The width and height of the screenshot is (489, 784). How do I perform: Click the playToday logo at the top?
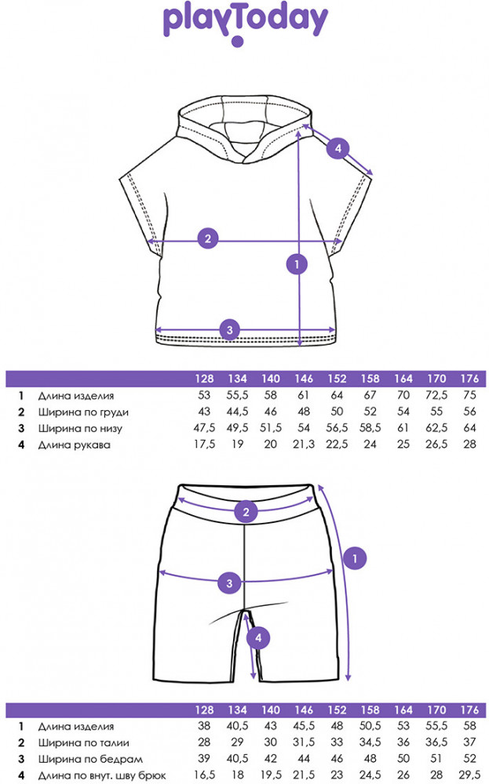tap(245, 24)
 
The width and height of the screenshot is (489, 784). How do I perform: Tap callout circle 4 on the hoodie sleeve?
tap(338, 148)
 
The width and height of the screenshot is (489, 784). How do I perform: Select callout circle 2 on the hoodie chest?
tap(208, 238)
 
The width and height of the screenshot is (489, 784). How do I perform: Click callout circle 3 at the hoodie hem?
tap(230, 330)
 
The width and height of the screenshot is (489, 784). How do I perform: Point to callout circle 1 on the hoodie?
tap(297, 264)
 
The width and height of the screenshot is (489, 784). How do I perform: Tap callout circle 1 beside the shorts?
tap(355, 558)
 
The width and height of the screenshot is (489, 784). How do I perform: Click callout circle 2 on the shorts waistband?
tap(246, 512)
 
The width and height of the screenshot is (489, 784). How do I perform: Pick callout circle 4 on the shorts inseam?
tap(258, 638)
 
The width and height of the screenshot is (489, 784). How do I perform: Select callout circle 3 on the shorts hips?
tap(229, 583)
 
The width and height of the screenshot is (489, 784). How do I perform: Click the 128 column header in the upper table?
tap(204, 379)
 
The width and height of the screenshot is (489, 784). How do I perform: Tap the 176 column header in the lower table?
tap(469, 710)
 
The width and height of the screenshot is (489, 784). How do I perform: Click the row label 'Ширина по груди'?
tap(83, 412)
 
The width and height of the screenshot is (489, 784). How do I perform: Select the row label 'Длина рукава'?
tap(74, 445)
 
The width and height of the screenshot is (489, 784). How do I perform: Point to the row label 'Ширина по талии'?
tap(83, 743)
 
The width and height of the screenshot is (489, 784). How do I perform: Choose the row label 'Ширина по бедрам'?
tap(90, 760)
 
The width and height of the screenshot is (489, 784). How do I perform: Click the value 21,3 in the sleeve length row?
tap(303, 444)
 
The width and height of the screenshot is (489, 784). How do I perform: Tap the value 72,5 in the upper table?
tap(436, 395)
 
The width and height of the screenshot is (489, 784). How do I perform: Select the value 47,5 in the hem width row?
tap(204, 428)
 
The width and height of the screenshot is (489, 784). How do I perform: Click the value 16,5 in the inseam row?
tap(204, 775)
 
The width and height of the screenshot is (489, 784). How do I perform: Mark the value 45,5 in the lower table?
tap(303, 726)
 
